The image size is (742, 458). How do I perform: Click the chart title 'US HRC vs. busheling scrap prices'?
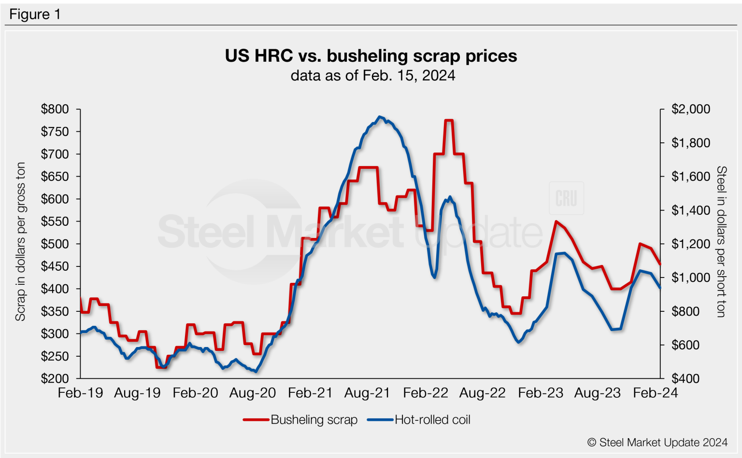click(x=371, y=56)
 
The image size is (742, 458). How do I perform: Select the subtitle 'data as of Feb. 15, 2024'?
click(x=372, y=76)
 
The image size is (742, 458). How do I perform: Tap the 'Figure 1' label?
click(x=35, y=14)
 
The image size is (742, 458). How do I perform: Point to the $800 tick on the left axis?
click(x=55, y=109)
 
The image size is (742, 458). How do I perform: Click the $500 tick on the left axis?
click(x=55, y=244)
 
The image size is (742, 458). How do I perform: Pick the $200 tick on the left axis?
click(x=55, y=378)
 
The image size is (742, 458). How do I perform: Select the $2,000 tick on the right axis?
click(x=690, y=109)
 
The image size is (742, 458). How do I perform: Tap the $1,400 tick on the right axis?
click(x=690, y=210)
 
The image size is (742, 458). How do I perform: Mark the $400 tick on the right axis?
click(x=685, y=378)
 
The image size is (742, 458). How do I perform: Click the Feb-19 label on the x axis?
click(x=80, y=393)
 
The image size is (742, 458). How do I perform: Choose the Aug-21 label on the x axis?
click(x=367, y=393)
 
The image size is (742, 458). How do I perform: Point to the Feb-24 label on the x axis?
click(x=655, y=393)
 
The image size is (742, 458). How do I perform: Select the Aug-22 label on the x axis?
click(x=482, y=393)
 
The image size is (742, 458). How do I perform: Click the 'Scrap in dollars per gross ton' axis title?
click(x=20, y=241)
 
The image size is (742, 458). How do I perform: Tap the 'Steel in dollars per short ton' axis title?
click(x=721, y=241)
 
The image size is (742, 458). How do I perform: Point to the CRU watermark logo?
click(x=566, y=198)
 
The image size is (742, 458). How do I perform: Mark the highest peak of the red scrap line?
click(x=448, y=120)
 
